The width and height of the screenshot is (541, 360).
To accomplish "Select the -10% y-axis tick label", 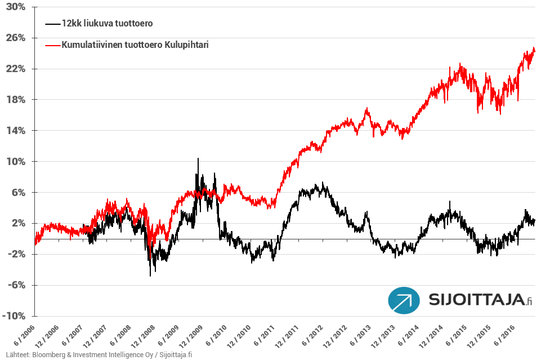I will pyautogui.click(x=14, y=316).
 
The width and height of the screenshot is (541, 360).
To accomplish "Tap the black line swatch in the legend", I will pyautogui.click(x=52, y=24).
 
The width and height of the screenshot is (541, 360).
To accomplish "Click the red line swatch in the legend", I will pyautogui.click(x=52, y=45).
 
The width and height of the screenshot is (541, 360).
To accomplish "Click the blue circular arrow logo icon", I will pyautogui.click(x=404, y=301).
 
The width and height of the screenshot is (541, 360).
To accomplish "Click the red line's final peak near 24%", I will pyautogui.click(x=533, y=48).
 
